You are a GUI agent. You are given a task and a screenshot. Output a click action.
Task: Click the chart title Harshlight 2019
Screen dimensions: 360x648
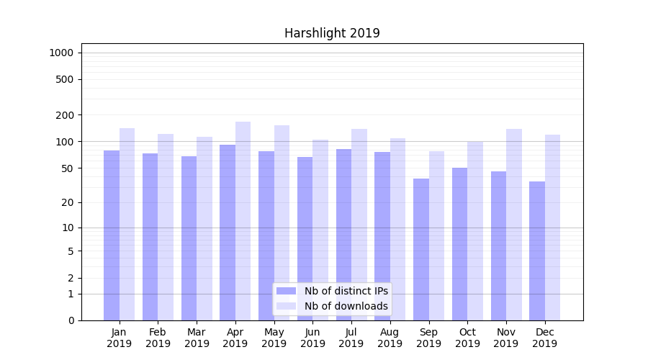coord(332,33)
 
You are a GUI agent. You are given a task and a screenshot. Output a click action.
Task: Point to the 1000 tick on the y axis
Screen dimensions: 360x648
coord(61,53)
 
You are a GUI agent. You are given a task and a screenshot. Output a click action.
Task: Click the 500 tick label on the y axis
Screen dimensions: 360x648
coord(64,79)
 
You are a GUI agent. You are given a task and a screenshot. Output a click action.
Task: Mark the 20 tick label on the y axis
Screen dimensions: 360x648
coord(67,202)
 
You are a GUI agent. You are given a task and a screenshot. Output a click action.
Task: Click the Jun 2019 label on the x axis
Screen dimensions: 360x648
coord(312,338)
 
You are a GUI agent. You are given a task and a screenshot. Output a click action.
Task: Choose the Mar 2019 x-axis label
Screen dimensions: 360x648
coord(197,338)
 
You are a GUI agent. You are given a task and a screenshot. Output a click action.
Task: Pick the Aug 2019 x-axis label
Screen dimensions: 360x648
coord(390,338)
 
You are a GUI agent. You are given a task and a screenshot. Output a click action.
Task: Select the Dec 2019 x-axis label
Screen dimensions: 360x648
coord(544,338)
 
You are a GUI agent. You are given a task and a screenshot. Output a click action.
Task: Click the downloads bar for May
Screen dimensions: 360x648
coord(282,222)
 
